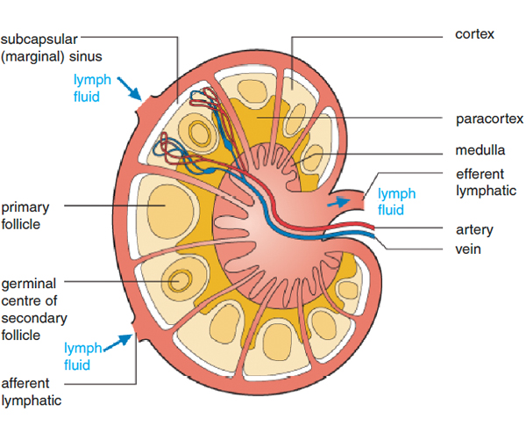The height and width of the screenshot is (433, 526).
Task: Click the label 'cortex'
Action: coord(475,35)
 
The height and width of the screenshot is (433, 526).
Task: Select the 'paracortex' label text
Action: coord(489,119)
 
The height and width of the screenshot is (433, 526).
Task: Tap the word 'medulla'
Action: coord(480,150)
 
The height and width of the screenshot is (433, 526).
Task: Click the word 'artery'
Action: coord(474,230)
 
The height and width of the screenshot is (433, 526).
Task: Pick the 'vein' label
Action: coord(468,249)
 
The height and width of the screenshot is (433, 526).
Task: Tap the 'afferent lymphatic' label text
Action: coord(31,392)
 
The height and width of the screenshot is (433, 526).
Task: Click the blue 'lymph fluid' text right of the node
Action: coord(396,201)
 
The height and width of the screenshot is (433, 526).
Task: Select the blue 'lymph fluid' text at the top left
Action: coord(92,89)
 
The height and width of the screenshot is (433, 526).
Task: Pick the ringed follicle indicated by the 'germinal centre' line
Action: coord(181,280)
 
